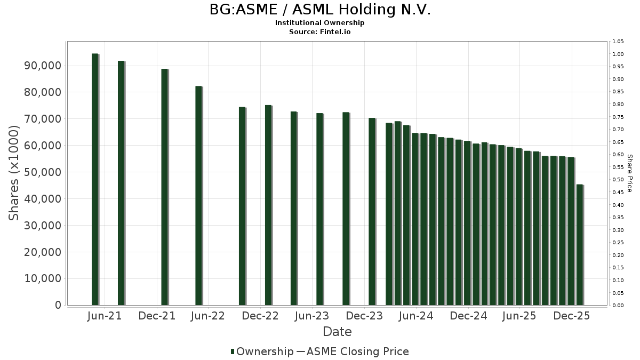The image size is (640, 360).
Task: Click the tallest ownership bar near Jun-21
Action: point(95,179)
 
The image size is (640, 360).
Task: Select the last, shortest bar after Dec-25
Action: point(580,245)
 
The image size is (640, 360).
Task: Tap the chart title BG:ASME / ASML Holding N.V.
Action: point(320,10)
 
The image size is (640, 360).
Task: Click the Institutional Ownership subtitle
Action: point(320,23)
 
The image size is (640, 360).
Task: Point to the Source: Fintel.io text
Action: point(320,32)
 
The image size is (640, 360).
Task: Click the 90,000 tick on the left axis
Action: point(43,66)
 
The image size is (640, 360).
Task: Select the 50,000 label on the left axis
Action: point(43,172)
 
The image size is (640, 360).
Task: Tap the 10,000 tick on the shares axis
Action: point(43,279)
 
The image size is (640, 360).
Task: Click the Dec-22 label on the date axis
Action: point(261,316)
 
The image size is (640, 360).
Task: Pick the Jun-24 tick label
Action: point(417,316)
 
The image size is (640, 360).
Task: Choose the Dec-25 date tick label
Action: point(572,316)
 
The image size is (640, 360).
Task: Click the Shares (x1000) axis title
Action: point(14,173)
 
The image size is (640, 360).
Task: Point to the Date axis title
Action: point(337,332)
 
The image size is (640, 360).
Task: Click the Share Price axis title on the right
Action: point(629,173)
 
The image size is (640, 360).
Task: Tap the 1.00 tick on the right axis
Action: point(618,54)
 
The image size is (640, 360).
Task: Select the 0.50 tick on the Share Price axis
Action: point(618,180)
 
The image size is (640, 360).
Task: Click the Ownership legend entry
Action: point(262,351)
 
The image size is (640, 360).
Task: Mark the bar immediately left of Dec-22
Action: point(242,206)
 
